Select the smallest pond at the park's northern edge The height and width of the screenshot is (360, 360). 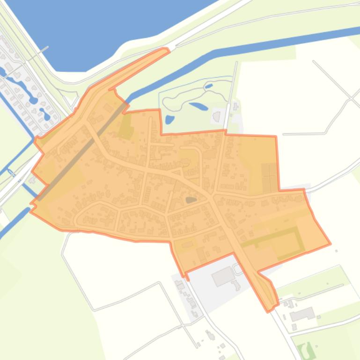208,86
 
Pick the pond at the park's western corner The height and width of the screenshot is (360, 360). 169,119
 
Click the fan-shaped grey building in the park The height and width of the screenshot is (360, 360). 216,115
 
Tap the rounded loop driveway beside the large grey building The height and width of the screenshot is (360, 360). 237,269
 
